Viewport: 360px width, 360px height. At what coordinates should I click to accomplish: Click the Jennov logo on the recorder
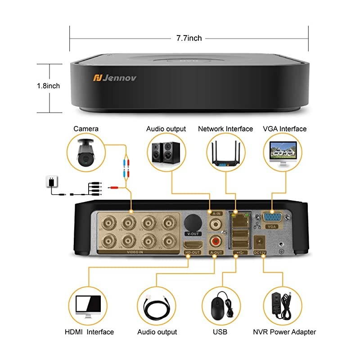114,78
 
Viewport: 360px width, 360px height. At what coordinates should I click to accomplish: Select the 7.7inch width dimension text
189,38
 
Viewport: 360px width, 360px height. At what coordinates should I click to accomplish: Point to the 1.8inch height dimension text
49,85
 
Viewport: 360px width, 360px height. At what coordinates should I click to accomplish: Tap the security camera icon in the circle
85,153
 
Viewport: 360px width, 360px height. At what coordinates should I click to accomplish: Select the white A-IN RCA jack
216,222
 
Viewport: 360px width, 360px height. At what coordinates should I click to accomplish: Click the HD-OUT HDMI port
193,245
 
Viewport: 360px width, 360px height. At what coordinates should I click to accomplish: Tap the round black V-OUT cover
193,222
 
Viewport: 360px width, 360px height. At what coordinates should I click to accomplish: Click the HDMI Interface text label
90,332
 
